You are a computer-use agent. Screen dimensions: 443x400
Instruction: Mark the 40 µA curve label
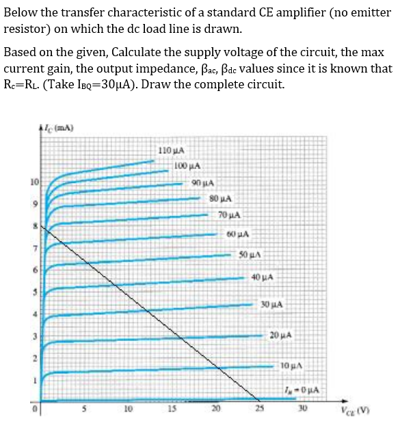(263, 278)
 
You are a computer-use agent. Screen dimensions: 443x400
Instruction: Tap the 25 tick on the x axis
(258, 410)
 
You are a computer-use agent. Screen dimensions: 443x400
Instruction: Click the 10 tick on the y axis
(33, 182)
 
